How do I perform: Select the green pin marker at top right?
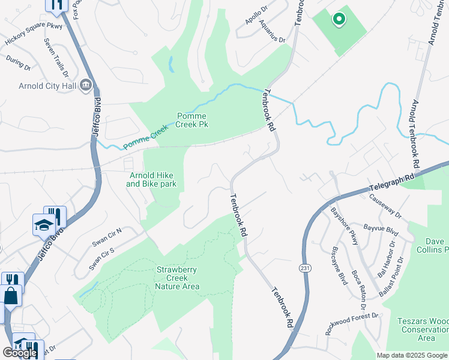(x=339, y=20)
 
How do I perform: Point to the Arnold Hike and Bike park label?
(x=151, y=179)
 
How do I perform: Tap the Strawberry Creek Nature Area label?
(x=177, y=278)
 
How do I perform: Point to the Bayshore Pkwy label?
(x=345, y=226)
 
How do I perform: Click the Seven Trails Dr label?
(x=56, y=58)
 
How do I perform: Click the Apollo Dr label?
(x=256, y=14)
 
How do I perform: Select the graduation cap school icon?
(x=44, y=225)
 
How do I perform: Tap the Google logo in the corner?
(x=20, y=353)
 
